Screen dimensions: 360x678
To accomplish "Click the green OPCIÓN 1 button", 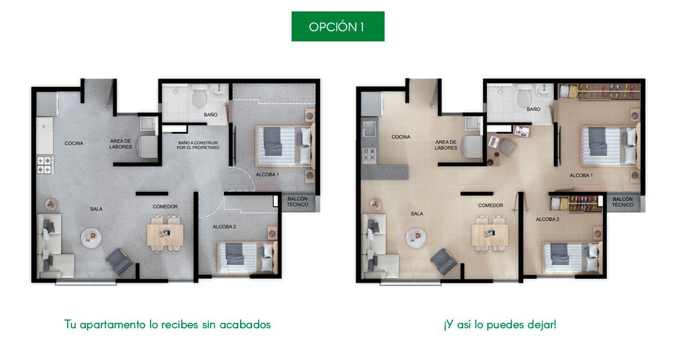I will (338, 26).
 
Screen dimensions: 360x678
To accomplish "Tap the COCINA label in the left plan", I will (74, 143).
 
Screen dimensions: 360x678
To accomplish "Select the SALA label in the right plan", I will (417, 213).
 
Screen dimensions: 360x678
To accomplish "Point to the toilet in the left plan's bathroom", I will (199, 95).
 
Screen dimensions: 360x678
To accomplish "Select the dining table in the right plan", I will (490, 234).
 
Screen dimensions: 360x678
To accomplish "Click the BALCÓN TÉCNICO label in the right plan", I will (622, 201).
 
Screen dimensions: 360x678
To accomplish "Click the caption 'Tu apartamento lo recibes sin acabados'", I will (167, 325).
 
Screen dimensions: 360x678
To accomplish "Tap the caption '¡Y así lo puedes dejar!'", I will (500, 325).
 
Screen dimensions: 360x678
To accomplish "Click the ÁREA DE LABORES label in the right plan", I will (446, 145).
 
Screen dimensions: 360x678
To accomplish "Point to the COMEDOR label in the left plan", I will (165, 206).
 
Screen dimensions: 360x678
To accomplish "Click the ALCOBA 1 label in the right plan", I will (581, 175).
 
